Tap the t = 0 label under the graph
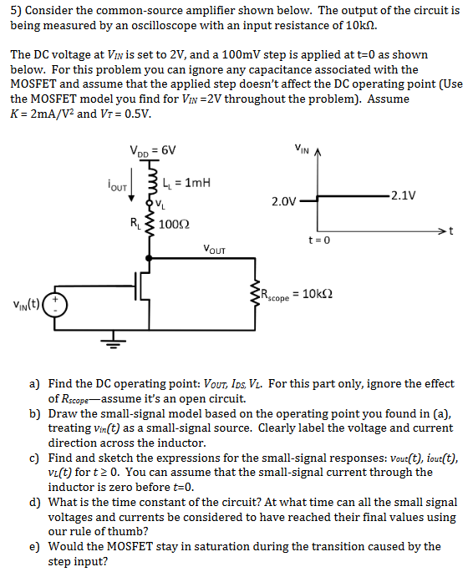pyautogui.click(x=319, y=240)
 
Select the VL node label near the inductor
pyautogui.click(x=160, y=204)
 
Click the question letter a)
pyautogui.click(x=35, y=384)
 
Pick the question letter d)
pyautogui.click(x=35, y=502)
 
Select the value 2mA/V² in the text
pyautogui.click(x=51, y=114)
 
